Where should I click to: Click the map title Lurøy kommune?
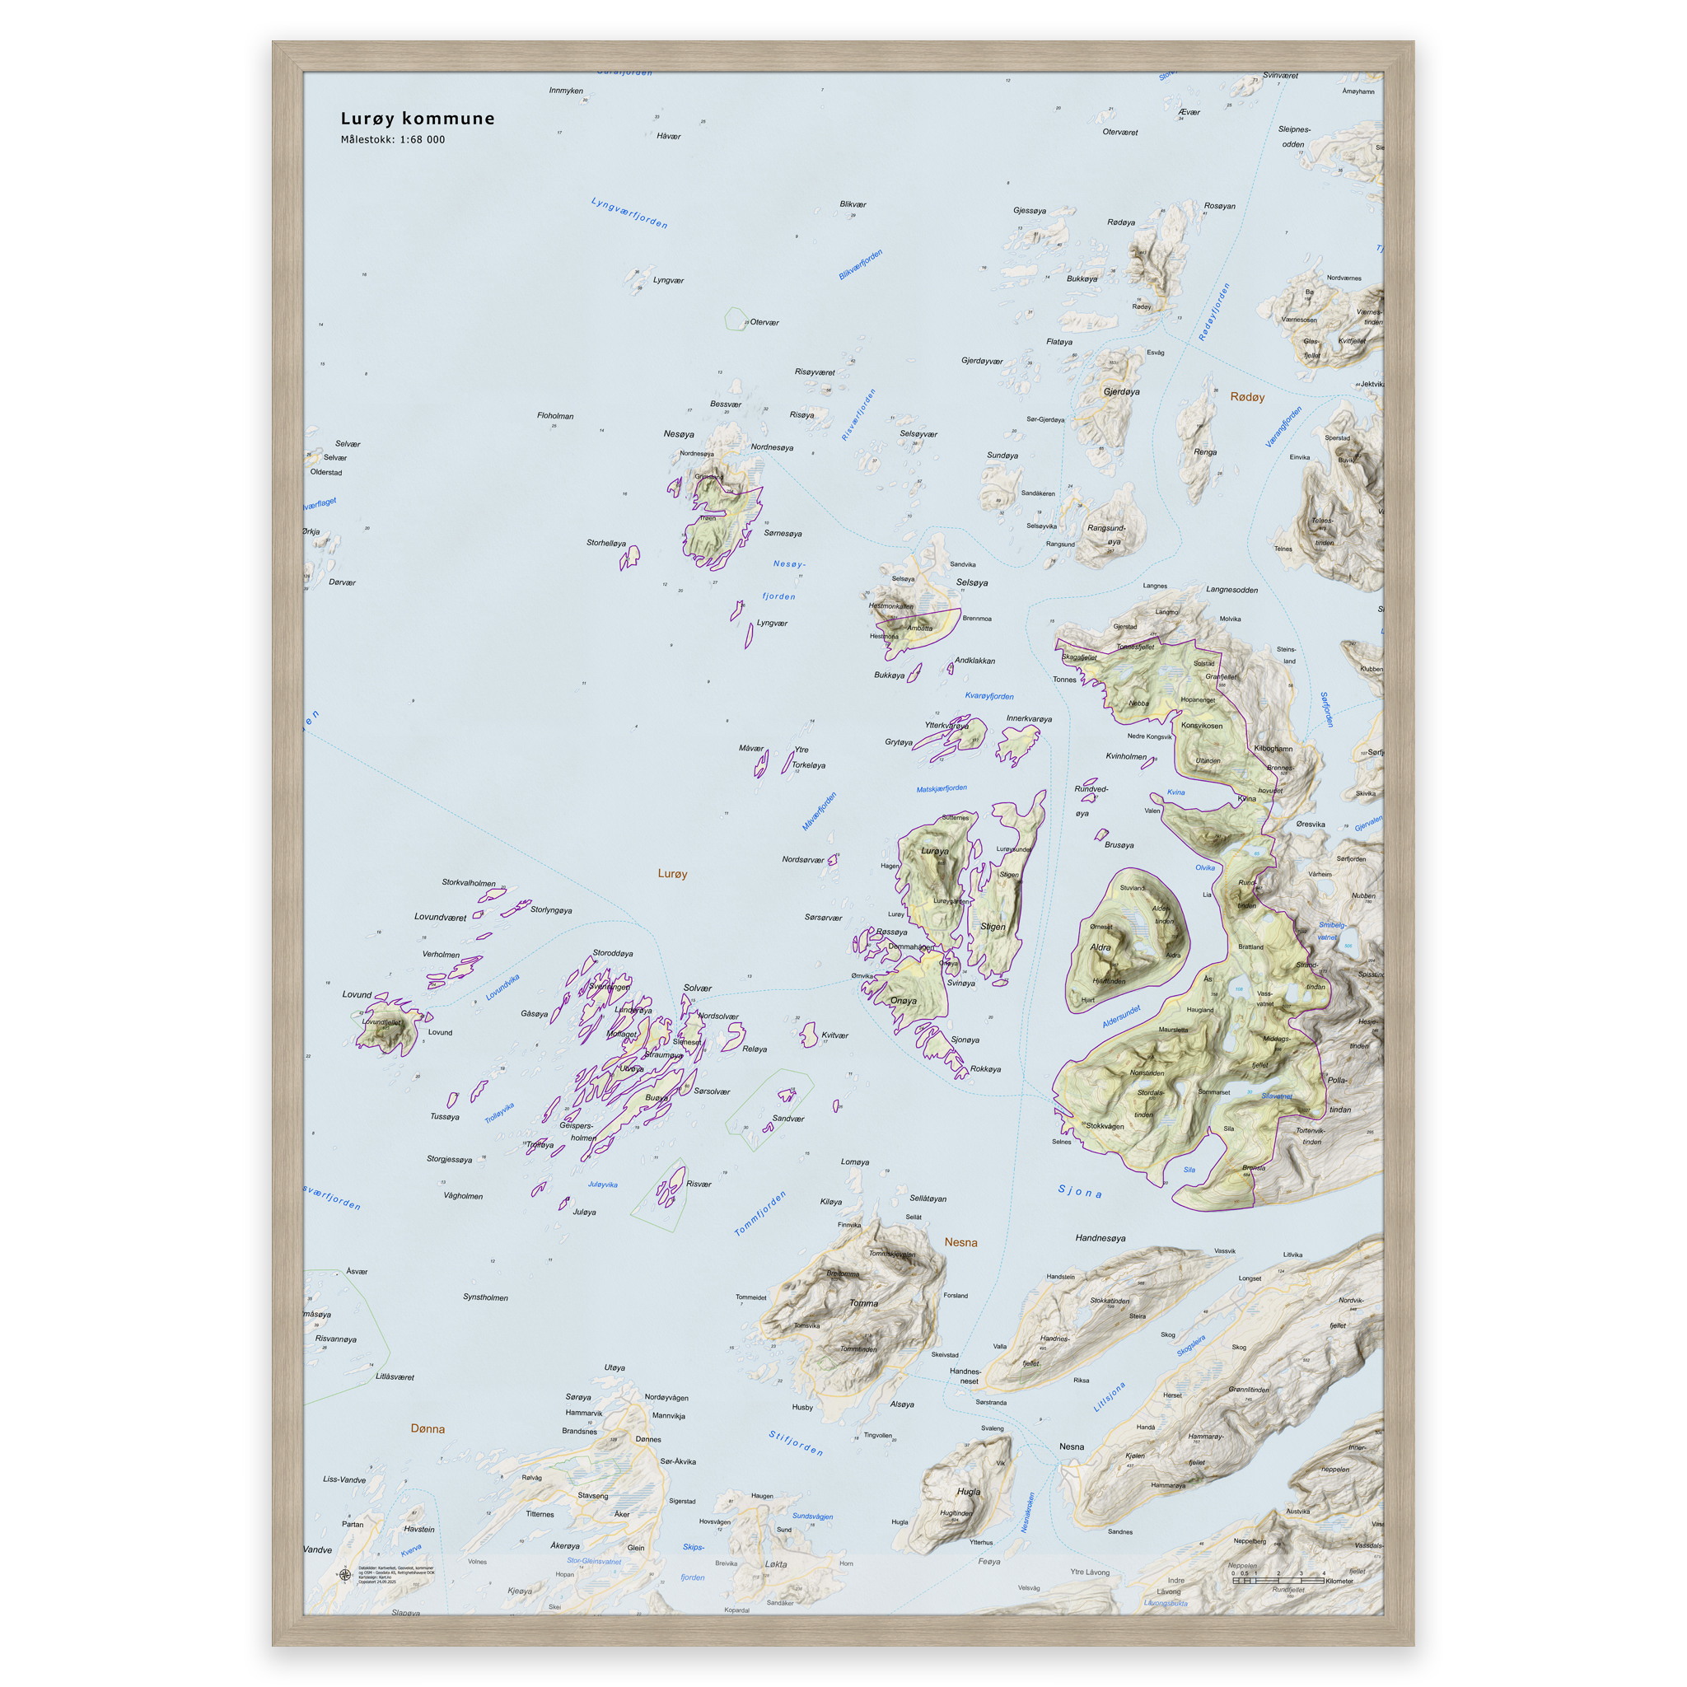pos(418,119)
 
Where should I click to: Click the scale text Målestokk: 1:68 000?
pos(392,140)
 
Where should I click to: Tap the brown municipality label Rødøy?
pos(1247,397)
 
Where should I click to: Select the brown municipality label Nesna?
pos(960,1242)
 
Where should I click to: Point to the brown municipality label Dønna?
pos(428,1429)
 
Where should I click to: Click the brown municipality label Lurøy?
pos(672,874)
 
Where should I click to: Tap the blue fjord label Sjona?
pos(1080,1192)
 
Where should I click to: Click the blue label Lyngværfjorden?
pos(629,213)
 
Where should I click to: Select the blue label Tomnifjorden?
pos(759,1213)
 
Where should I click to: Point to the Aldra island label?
pos(1101,947)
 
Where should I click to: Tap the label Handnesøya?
pos(1101,1238)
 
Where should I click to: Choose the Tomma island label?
pos(863,1304)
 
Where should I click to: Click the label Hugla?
pos(969,1493)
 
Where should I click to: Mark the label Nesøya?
pos(679,434)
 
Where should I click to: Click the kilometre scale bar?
pos(1278,1581)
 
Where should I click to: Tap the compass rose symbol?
pos(345,1575)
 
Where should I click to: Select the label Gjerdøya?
pos(1121,392)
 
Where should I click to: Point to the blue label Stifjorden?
pos(796,1443)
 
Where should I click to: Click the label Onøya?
pos(903,1002)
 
